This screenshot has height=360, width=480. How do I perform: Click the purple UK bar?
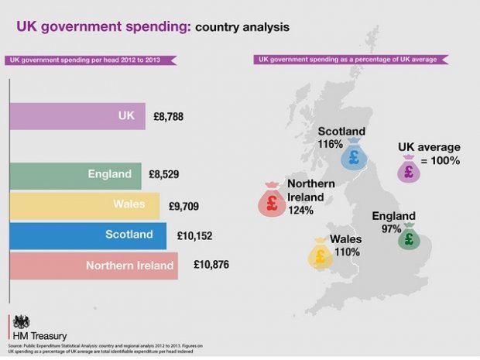(x=77, y=116)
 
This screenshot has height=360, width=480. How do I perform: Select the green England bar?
(x=75, y=176)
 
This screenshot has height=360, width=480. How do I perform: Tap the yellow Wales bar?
(x=84, y=205)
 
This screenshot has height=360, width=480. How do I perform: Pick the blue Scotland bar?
(x=87, y=235)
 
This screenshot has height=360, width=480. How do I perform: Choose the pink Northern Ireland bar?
(x=94, y=265)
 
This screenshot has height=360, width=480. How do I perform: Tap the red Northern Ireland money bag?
(x=272, y=202)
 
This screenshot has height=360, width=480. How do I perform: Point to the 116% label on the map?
(x=330, y=144)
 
